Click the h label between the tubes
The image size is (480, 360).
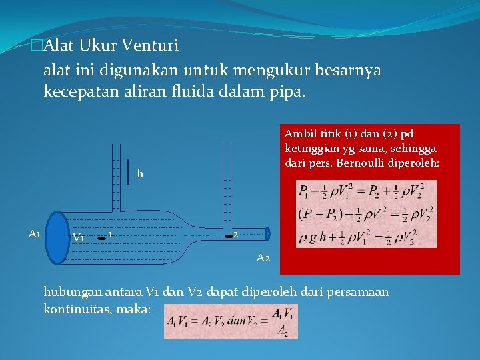140,174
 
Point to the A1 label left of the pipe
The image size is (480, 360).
35,233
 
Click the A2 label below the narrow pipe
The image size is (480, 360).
263,257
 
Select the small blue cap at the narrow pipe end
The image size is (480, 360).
267,234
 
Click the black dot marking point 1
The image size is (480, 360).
101,236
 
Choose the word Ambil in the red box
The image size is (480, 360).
298,133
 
